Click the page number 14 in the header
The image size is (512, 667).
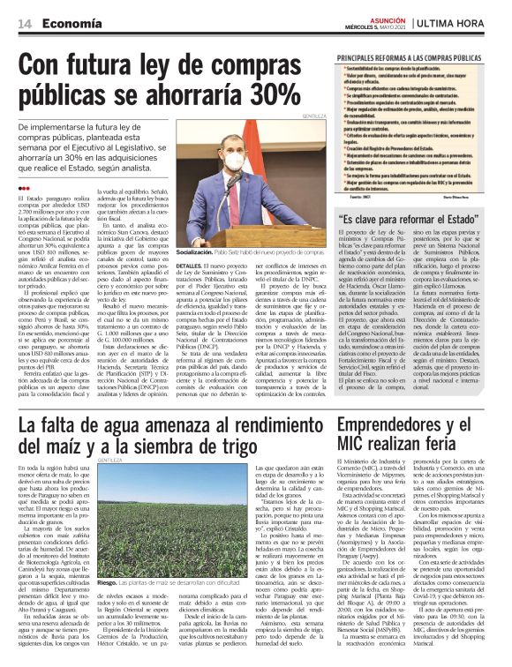click(x=16, y=25)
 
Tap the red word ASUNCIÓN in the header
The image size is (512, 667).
click(x=388, y=20)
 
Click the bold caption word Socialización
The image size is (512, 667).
click(x=199, y=251)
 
